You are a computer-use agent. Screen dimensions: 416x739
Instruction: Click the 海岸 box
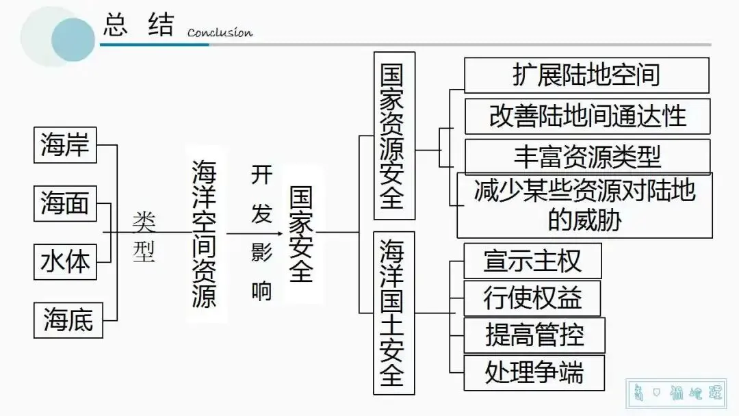[66, 146]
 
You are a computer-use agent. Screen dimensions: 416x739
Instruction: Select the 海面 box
[66, 203]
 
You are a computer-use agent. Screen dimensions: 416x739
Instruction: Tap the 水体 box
[66, 261]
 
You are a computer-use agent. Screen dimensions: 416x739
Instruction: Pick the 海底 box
[68, 319]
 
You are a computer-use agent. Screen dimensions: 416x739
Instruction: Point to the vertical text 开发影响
[261, 233]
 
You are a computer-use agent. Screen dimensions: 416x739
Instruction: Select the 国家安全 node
[300, 233]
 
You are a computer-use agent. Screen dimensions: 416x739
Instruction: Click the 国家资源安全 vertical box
[393, 136]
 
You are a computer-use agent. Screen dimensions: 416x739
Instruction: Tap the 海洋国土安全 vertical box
[393, 312]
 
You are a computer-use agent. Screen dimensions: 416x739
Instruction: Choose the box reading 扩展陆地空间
[586, 75]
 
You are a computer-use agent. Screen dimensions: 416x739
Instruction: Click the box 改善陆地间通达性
[587, 116]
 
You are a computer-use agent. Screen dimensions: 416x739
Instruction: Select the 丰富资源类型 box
[587, 156]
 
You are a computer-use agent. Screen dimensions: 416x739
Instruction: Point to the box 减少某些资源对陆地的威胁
[584, 205]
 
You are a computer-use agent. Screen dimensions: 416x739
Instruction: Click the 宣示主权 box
[532, 261]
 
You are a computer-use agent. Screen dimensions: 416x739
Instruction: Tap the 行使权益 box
[532, 298]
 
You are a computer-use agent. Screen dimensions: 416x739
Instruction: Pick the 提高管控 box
[534, 335]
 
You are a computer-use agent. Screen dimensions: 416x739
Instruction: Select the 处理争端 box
[534, 373]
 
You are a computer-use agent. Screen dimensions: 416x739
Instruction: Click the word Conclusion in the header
[220, 33]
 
